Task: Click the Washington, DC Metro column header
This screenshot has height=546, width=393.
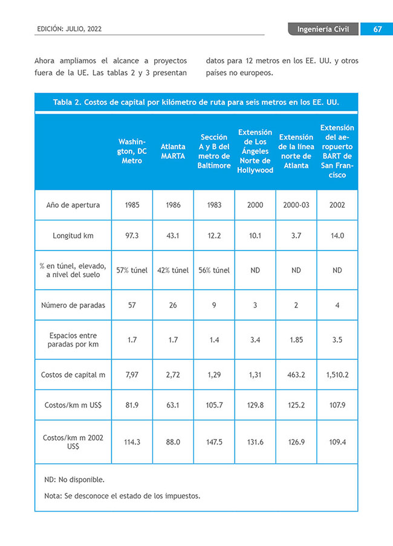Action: click(132, 152)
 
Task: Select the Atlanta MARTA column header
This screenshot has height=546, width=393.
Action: click(173, 152)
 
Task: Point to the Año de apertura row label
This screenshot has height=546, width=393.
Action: click(73, 205)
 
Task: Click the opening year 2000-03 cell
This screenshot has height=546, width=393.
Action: click(296, 205)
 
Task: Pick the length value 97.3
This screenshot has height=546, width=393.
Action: click(132, 236)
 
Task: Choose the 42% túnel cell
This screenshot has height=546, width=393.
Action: click(173, 270)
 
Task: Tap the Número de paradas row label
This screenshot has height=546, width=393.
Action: click(73, 305)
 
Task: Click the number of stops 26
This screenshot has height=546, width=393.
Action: click(173, 305)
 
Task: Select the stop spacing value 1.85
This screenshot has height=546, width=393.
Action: click(296, 339)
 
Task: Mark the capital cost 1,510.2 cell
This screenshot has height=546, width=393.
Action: click(337, 375)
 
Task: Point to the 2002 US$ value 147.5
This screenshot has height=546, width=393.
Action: click(214, 442)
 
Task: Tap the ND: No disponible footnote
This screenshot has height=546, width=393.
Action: click(74, 480)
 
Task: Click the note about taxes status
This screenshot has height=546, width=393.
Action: click(122, 496)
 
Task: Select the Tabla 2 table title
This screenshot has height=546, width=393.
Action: click(196, 102)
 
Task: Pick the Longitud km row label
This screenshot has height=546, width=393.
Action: click(73, 236)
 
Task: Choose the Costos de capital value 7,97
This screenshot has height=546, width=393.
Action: click(132, 375)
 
